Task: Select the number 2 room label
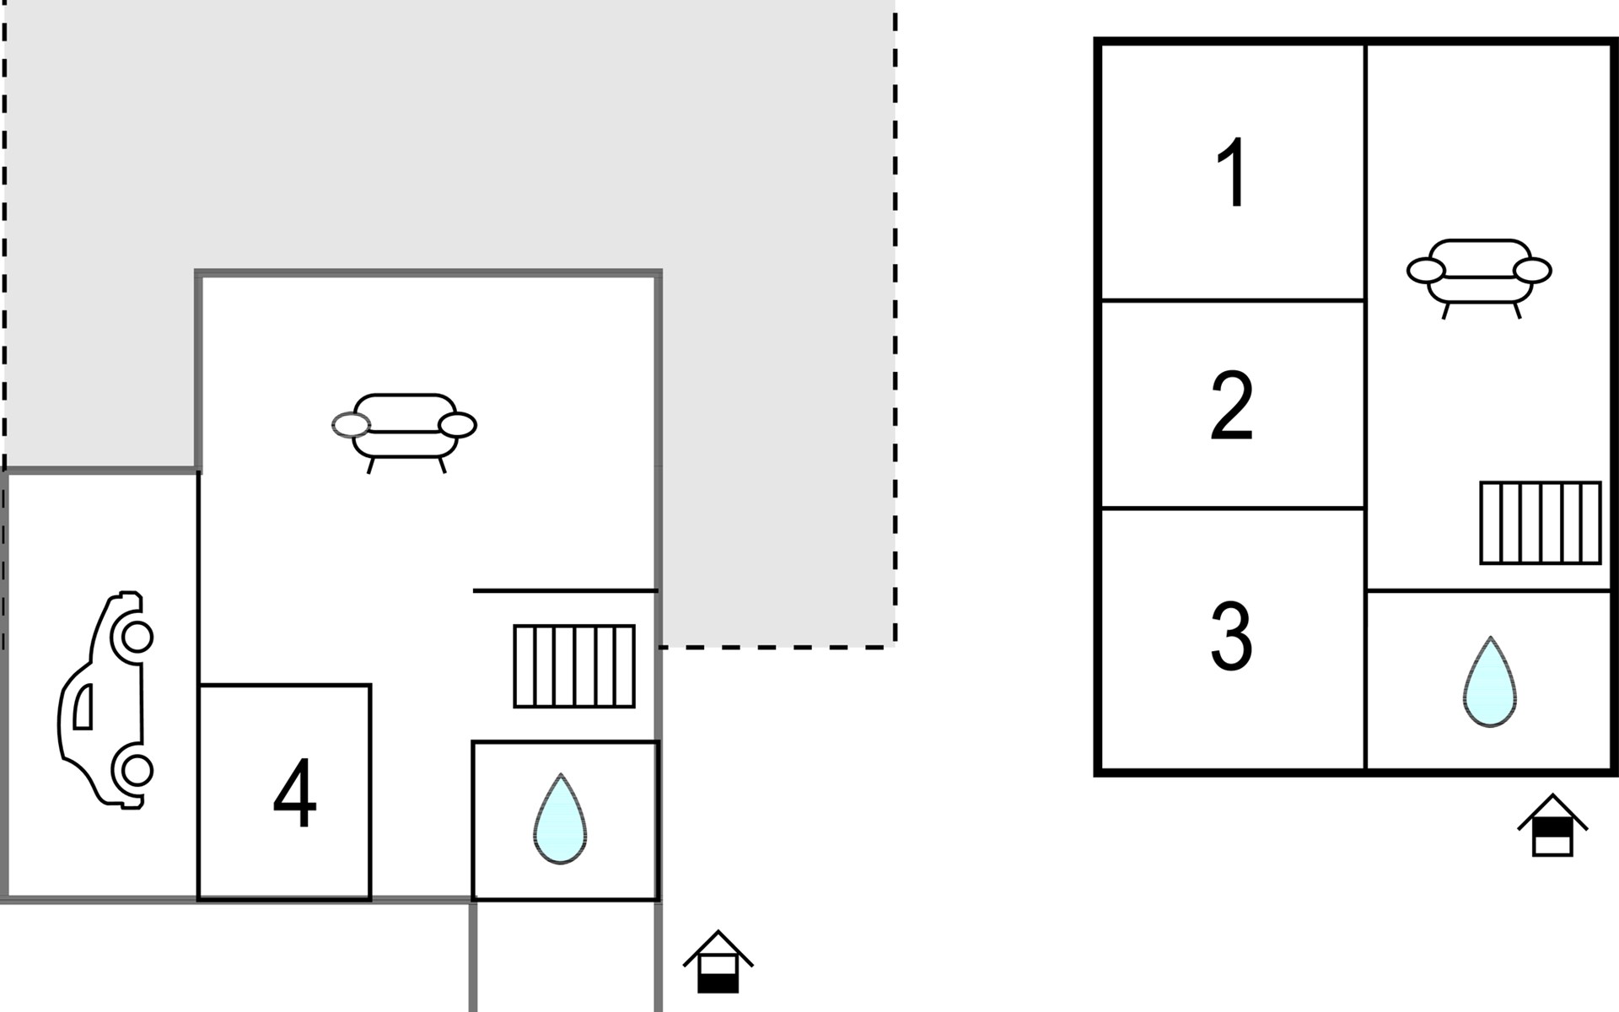pyautogui.click(x=1232, y=405)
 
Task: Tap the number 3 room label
pyautogui.click(x=1232, y=636)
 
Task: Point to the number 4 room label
pyautogui.click(x=295, y=794)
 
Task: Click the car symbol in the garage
pyautogui.click(x=106, y=701)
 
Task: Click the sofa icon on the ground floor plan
pyautogui.click(x=405, y=431)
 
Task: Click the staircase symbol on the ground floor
pyautogui.click(x=574, y=666)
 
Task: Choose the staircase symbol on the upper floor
pyautogui.click(x=1541, y=523)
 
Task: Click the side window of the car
pyautogui.click(x=83, y=707)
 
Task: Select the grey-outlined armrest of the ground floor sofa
pyautogui.click(x=351, y=425)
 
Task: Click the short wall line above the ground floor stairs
pyautogui.click(x=565, y=591)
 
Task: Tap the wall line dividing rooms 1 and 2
pyautogui.click(x=1233, y=300)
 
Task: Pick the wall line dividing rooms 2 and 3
pyautogui.click(x=1233, y=509)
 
